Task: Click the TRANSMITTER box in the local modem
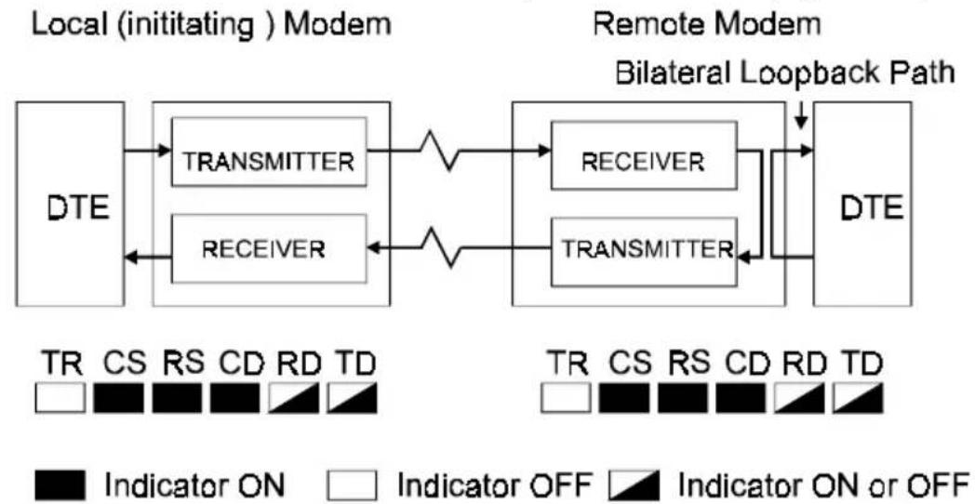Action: click(269, 151)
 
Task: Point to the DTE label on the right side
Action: click(863, 209)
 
